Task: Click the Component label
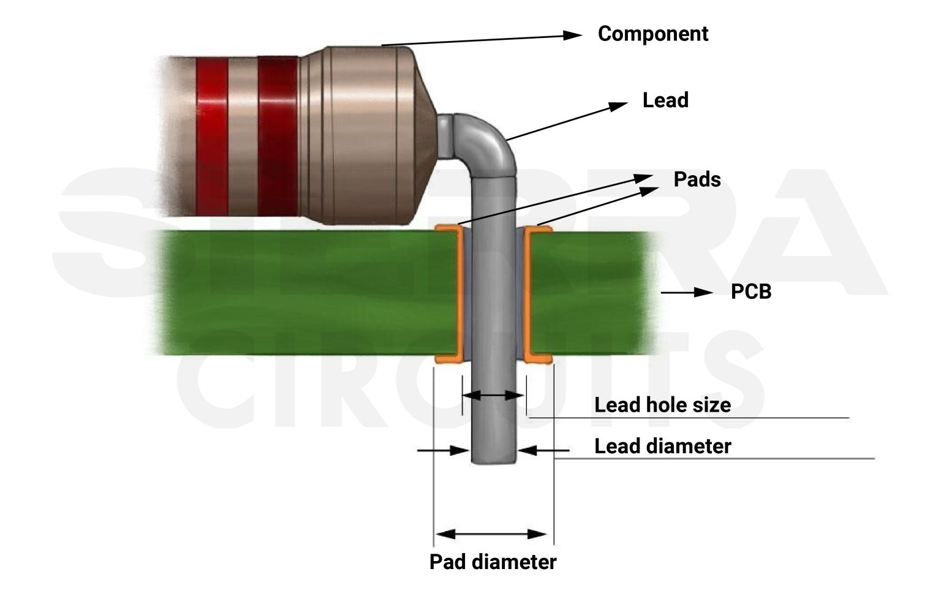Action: point(652,34)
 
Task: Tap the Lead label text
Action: point(665,100)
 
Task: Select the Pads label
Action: point(697,179)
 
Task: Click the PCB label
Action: point(750,292)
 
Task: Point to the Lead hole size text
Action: point(662,405)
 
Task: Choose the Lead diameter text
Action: point(662,446)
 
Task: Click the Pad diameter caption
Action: point(493,562)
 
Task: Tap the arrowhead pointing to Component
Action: point(572,35)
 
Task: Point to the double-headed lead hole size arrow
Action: point(493,396)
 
